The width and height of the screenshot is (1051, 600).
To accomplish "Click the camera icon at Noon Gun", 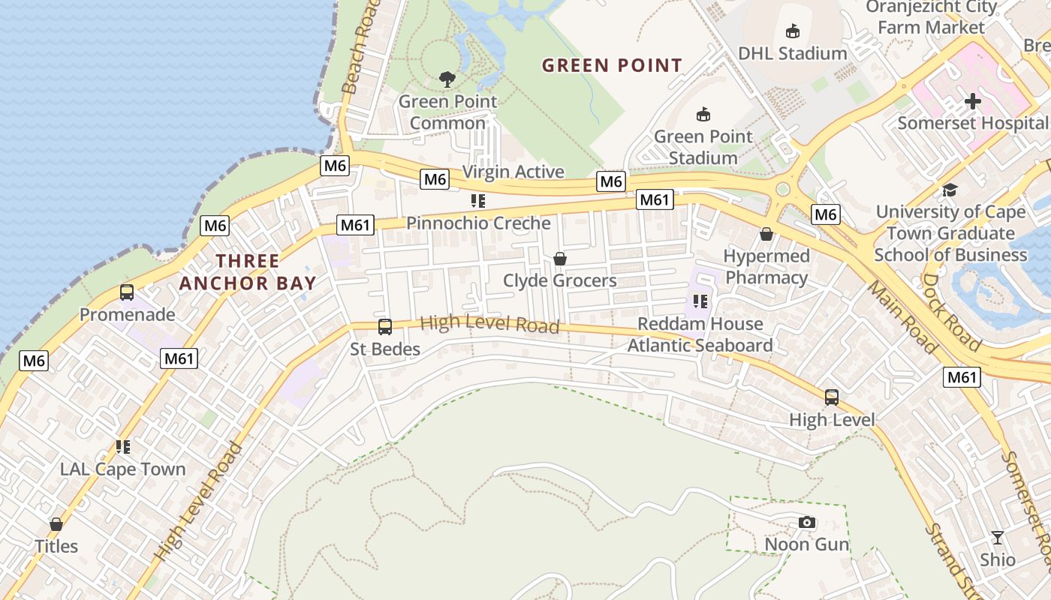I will (807, 522).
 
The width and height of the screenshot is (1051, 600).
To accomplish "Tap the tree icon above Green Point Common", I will (447, 79).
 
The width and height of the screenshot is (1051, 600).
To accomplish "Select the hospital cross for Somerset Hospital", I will (973, 100).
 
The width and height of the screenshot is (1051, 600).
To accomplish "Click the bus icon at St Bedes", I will (385, 327).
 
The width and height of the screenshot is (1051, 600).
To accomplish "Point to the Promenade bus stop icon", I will (127, 292).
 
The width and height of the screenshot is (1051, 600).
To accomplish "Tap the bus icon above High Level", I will (832, 397).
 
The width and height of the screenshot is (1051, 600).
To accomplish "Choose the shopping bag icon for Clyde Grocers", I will (559, 259).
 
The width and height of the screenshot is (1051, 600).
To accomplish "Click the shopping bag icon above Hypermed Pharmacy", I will (766, 234).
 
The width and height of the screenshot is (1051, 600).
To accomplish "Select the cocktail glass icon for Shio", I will (998, 538).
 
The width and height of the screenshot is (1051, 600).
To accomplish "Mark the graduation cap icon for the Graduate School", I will (950, 190).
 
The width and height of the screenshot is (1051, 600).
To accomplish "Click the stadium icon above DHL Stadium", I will (792, 31).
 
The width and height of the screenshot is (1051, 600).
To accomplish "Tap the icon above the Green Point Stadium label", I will (703, 114).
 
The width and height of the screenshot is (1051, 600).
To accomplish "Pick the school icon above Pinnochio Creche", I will (477, 201).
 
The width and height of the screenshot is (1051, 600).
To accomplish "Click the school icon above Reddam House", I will (700, 301).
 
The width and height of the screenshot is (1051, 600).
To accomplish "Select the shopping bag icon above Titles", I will (56, 524).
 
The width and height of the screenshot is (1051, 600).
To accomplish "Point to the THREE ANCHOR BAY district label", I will (248, 272).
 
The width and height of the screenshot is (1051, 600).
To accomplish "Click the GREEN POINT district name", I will (612, 66).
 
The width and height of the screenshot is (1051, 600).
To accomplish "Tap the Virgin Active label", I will (513, 172).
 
